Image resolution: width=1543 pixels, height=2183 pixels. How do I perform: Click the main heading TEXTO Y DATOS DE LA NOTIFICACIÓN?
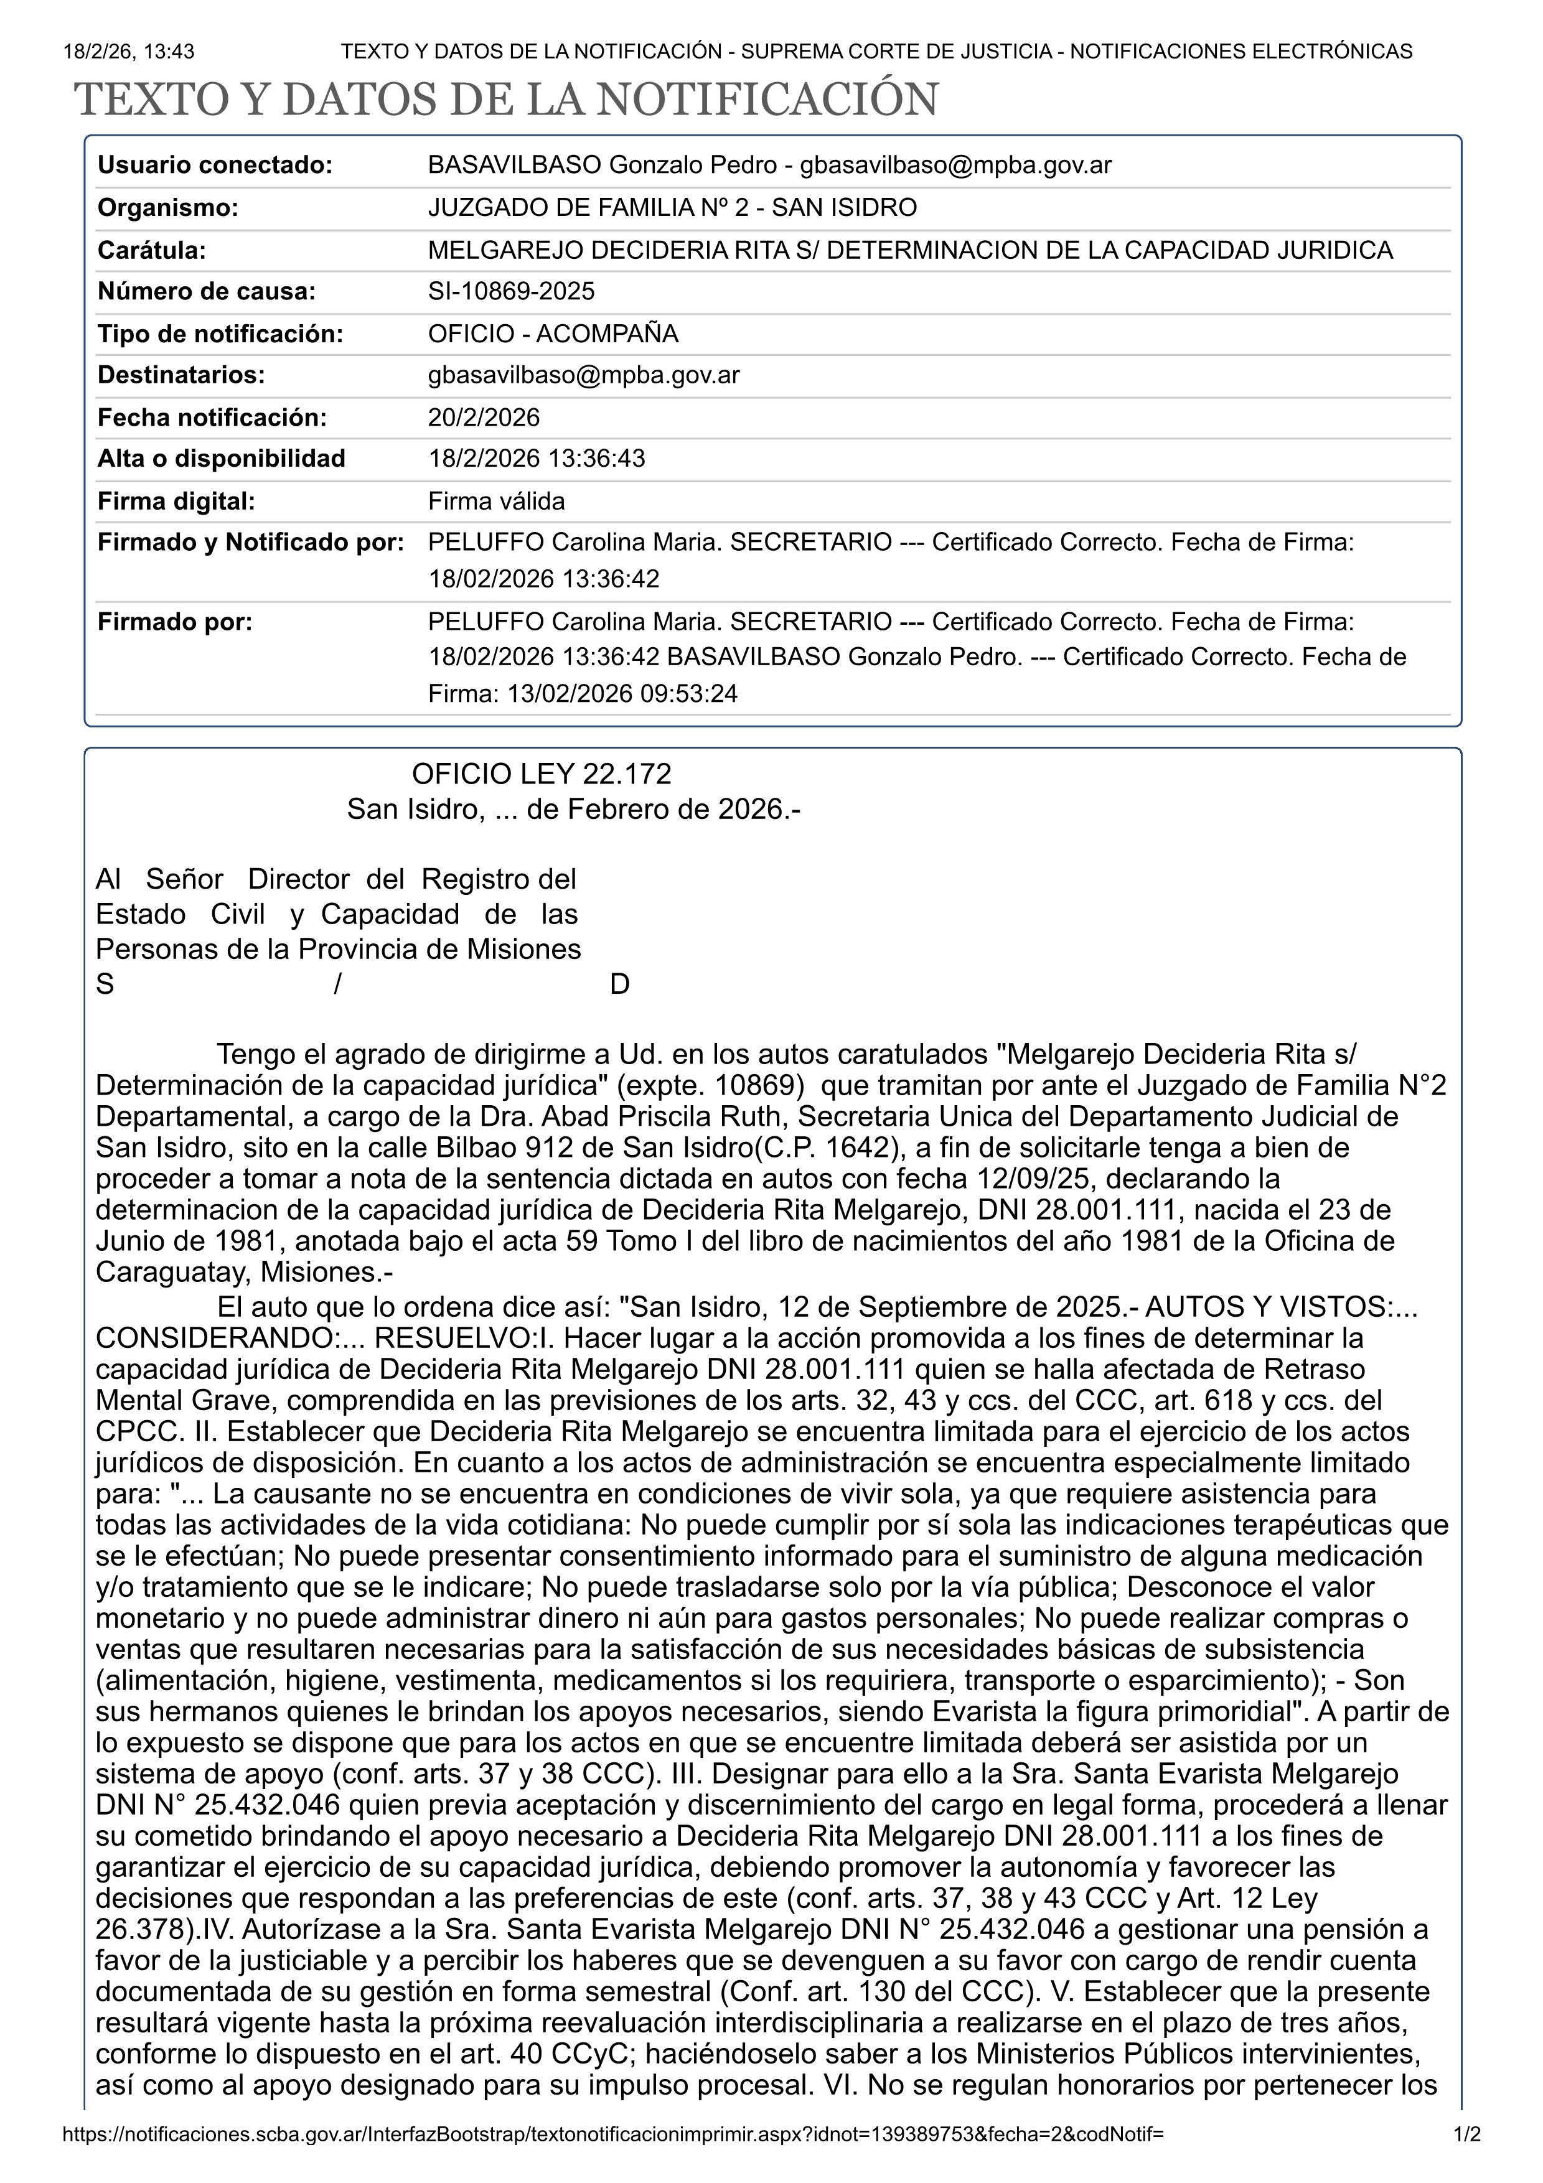pyautogui.click(x=506, y=100)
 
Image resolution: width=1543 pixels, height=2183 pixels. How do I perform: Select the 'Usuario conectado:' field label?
pyautogui.click(x=215, y=166)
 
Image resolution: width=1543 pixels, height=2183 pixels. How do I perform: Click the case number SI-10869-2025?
pyautogui.click(x=512, y=291)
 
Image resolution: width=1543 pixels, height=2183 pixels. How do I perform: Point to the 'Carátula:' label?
pyautogui.click(x=152, y=250)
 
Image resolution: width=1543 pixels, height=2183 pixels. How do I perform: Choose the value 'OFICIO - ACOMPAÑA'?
pyautogui.click(x=553, y=334)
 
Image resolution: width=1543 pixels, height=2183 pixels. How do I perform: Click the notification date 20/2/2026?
pyautogui.click(x=484, y=418)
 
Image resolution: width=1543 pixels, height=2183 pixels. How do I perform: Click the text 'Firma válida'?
pyautogui.click(x=496, y=501)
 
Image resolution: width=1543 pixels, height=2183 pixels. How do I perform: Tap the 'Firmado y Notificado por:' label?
pyautogui.click(x=251, y=543)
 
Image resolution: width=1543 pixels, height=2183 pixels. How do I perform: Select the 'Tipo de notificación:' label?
pyautogui.click(x=220, y=334)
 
